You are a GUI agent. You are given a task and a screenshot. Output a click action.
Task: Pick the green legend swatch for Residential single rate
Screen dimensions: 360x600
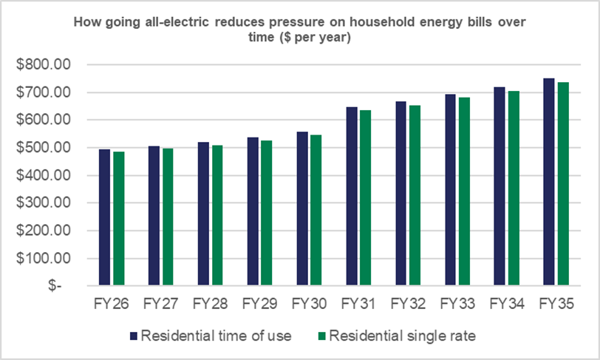coord(322,336)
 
